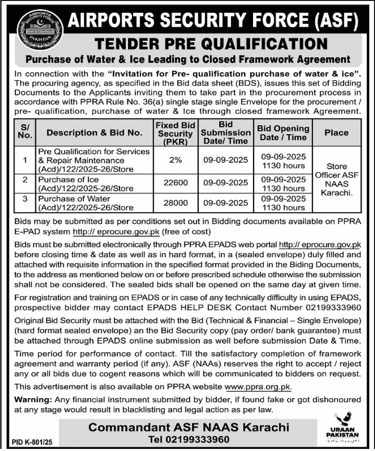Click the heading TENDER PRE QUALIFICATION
[211, 44]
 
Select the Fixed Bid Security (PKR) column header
[175, 133]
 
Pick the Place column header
[337, 133]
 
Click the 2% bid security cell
[175, 160]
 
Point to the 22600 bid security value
[175, 183]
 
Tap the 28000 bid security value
[175, 203]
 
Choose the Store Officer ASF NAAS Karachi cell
[337, 179]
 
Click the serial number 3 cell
[25, 199]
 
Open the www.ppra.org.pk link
[258, 387]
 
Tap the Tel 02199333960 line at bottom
[189, 440]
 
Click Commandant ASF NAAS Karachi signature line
[189, 427]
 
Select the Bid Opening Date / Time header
[283, 133]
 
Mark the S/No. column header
[25, 132]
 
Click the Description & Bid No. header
[94, 133]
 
